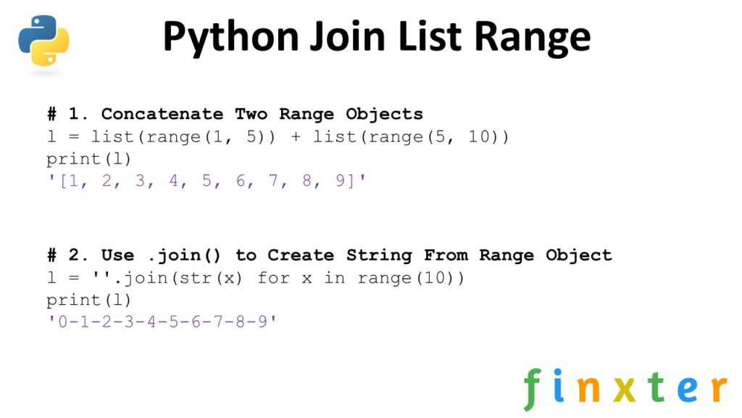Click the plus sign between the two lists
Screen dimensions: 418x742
coord(296,136)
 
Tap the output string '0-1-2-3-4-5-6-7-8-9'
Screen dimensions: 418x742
coord(162,321)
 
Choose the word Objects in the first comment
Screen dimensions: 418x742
coord(385,114)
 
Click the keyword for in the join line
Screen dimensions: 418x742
coord(274,278)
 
